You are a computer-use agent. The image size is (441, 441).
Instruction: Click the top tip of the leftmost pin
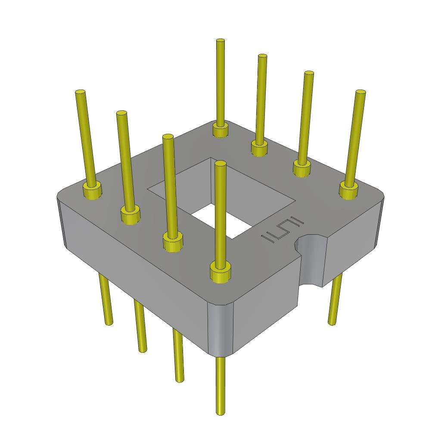(x=80, y=93)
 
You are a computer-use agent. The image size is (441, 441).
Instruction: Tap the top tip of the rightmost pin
(x=360, y=92)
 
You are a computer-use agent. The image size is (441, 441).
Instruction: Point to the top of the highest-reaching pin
(x=220, y=41)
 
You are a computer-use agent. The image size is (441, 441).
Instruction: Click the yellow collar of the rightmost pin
(x=348, y=190)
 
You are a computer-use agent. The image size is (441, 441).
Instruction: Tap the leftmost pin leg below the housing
(x=106, y=301)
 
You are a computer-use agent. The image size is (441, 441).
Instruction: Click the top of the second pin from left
(x=121, y=114)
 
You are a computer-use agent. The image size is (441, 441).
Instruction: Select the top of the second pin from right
(x=308, y=74)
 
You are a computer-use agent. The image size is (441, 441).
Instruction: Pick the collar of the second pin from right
(x=302, y=168)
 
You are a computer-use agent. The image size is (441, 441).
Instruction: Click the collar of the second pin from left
(x=130, y=214)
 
